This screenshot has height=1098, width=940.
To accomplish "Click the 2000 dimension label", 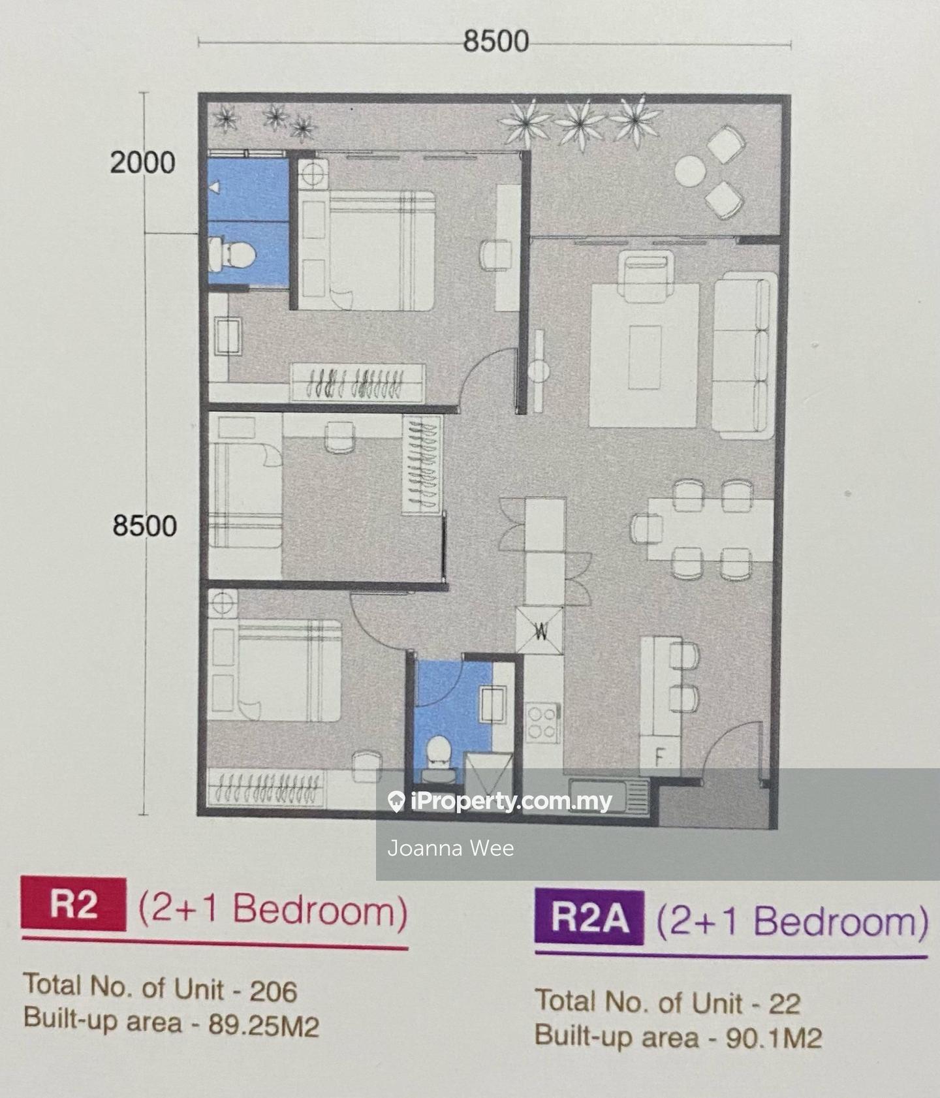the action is coord(142,163).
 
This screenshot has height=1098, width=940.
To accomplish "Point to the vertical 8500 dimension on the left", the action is coord(144,525).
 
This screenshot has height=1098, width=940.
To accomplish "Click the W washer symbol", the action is coord(540,631).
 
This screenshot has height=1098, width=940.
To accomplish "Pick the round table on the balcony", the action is coord(690,172).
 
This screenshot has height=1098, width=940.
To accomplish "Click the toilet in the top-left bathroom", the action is coord(232,255).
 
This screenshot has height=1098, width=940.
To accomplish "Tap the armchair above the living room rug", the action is coord(646,277).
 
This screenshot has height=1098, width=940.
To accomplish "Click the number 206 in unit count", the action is coord(273,992).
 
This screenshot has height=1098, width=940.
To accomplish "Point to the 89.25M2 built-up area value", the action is coord(264,1026).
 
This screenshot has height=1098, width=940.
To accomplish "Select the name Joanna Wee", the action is coord(450,848).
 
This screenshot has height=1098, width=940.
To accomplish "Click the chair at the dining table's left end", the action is coord(646,527).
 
